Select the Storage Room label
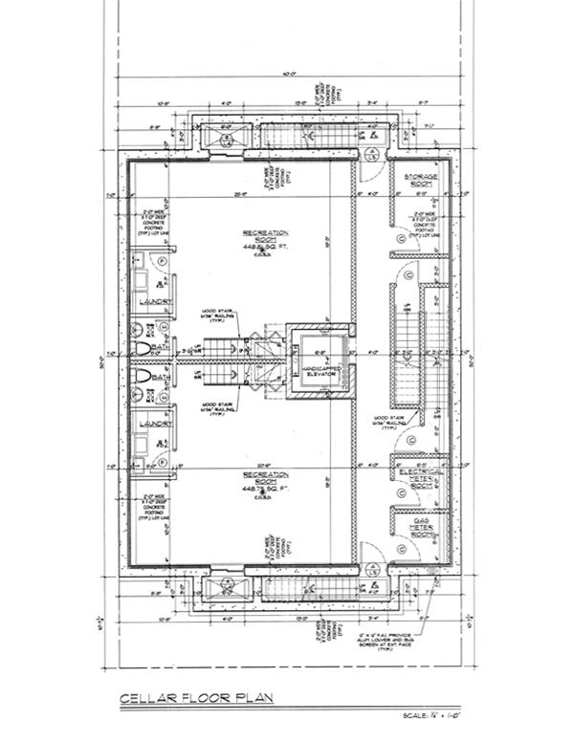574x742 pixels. point(420,181)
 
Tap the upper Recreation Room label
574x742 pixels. point(266,236)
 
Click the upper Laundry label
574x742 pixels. point(154,301)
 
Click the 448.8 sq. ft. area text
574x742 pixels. point(266,247)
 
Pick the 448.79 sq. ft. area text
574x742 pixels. point(266,489)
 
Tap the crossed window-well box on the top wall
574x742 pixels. point(227,140)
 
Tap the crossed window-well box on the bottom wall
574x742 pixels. point(227,585)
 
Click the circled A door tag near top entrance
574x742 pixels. point(370,154)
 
